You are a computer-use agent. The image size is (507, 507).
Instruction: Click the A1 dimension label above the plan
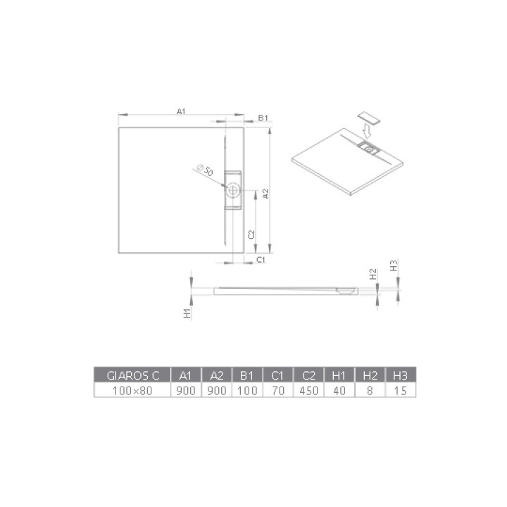(180, 111)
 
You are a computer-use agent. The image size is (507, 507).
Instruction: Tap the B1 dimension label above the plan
(263, 118)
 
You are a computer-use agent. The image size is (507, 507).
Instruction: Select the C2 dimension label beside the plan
(251, 234)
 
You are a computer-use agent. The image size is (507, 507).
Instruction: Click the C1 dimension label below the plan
(259, 261)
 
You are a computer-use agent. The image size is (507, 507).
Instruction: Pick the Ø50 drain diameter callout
(206, 170)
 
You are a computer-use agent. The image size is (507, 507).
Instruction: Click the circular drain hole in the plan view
(233, 189)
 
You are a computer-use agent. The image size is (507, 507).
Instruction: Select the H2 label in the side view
(373, 272)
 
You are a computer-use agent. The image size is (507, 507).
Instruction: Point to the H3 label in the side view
(394, 265)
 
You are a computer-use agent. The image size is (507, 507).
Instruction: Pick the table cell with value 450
(307, 389)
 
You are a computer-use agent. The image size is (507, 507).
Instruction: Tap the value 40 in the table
(339, 389)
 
